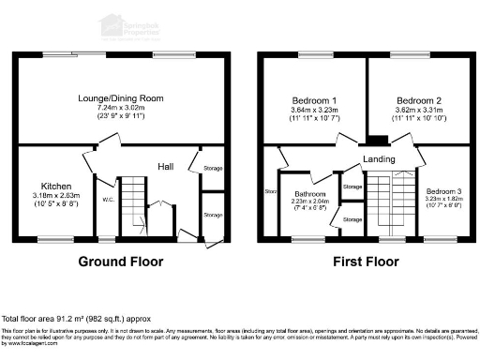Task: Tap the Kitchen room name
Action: click(x=54, y=186)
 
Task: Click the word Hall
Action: click(x=165, y=167)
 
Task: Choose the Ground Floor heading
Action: click(x=120, y=262)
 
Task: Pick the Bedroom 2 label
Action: click(x=418, y=100)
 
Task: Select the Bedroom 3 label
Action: click(x=436, y=190)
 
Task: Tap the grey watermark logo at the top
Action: click(x=131, y=26)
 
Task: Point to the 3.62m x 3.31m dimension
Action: click(x=418, y=111)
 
